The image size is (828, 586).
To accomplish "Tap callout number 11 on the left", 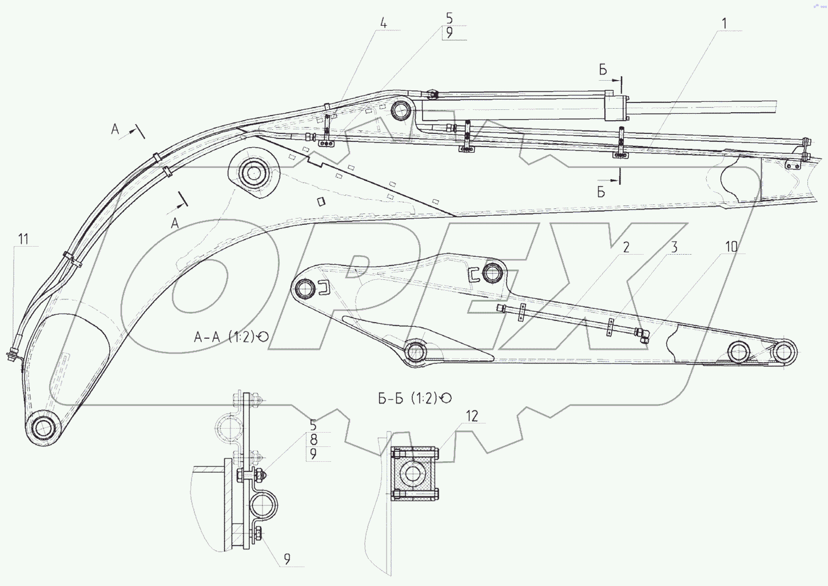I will tap(23, 239).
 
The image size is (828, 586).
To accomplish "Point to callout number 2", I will tap(626, 247).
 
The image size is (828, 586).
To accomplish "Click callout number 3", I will tap(674, 247).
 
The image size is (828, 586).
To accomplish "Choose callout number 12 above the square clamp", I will tap(471, 416).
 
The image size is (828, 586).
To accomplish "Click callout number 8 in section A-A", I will tap(313, 439).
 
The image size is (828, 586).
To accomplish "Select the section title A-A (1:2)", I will tap(225, 337).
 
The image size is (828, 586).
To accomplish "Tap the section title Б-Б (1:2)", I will tap(408, 398).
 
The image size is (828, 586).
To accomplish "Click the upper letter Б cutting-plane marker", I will tap(603, 70).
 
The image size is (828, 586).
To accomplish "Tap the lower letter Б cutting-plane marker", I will tap(601, 192).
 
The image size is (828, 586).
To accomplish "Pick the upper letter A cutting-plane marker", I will tap(116, 130).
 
